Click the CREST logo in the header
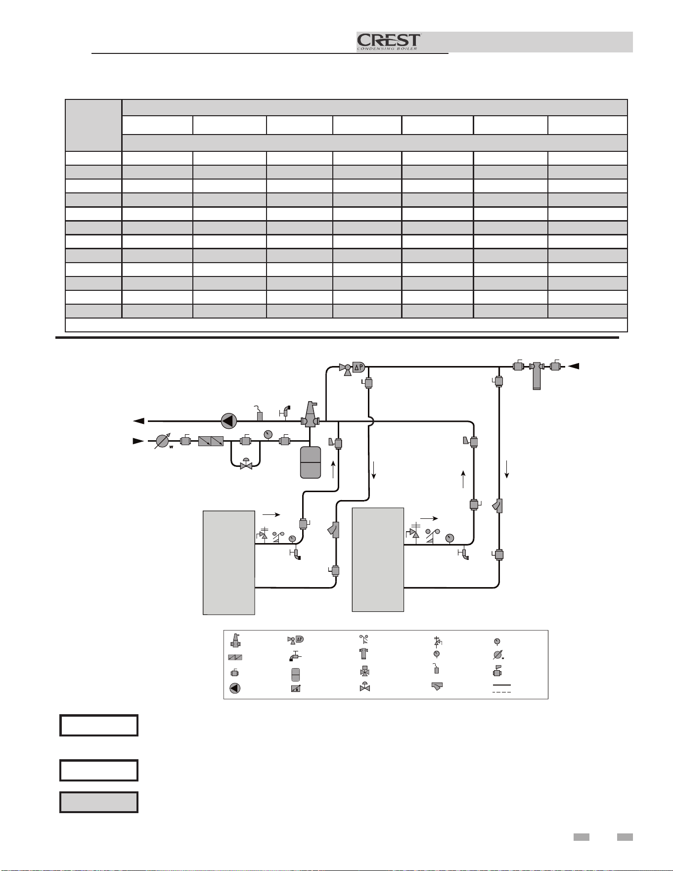tap(389, 42)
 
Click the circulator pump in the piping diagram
tap(228, 421)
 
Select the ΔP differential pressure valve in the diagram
tap(352, 368)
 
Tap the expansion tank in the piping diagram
tap(311, 462)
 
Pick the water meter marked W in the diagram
tap(163, 441)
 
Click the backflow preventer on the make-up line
tap(211, 441)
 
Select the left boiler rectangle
tap(229, 562)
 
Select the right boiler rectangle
tap(378, 559)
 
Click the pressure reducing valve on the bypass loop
tap(246, 464)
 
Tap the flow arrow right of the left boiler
tap(270, 515)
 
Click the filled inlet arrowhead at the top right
tap(574, 366)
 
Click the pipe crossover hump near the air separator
tap(371, 421)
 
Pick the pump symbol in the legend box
tap(235, 688)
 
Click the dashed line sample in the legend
tap(501, 691)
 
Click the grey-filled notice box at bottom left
tap(99, 802)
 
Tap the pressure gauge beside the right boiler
tap(449, 538)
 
